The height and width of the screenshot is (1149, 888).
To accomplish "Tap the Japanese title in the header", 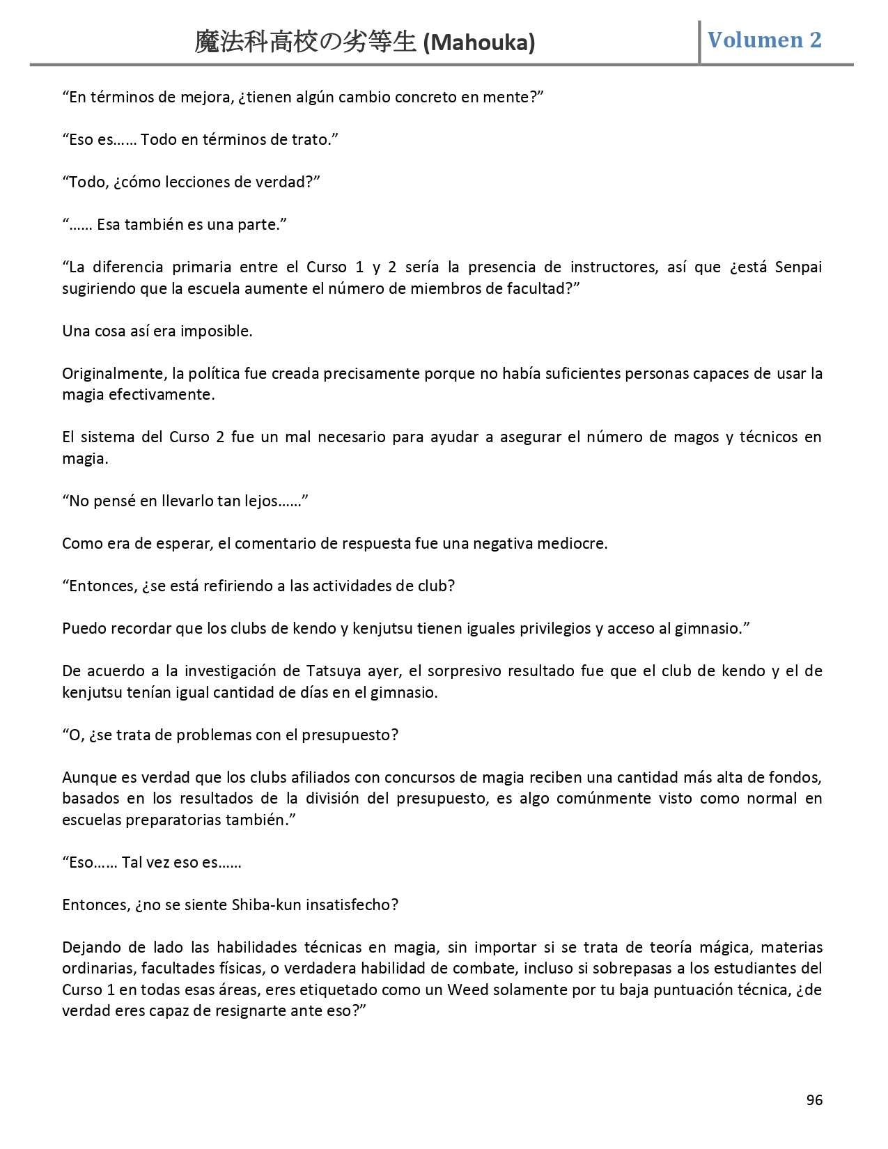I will (x=306, y=42).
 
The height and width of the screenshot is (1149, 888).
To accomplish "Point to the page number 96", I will (x=814, y=1100).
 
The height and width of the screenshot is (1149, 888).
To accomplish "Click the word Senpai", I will (x=798, y=267).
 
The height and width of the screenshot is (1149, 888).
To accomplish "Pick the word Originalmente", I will (x=112, y=374).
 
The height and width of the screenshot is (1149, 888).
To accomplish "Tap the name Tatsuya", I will (x=332, y=671).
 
